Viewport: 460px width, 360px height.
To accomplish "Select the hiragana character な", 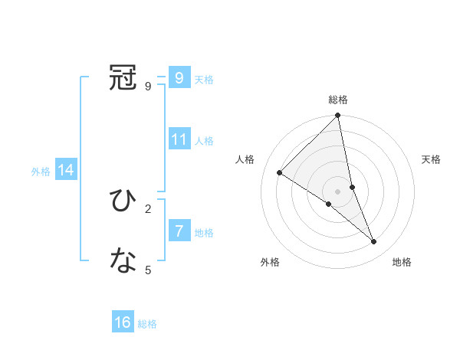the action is coord(123,261).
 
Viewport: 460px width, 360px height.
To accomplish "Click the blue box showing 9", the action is coord(179,77).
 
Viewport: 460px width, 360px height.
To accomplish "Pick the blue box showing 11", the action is coord(179,139).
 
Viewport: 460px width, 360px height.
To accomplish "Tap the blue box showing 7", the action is coord(179,231).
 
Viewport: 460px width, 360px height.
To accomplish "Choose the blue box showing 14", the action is coord(66,171).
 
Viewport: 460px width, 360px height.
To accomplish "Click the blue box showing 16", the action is coord(123,322).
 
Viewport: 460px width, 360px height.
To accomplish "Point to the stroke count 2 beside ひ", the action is coord(148,208).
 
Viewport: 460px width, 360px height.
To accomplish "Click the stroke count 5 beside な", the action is coord(148,270).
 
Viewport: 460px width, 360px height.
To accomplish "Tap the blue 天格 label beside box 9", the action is coord(204,79).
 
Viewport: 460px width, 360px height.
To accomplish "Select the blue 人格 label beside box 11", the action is coord(204,141).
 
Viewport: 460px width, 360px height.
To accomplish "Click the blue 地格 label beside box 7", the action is coord(204,232).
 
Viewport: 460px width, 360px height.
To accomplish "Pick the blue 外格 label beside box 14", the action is coord(41,172).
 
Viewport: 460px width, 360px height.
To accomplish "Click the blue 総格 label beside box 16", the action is coord(147,324).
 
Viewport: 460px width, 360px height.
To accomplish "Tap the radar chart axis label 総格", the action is coord(338,100).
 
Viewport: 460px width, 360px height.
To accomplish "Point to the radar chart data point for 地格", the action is coord(374,241).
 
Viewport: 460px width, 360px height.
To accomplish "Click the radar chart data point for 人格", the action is coord(280,172).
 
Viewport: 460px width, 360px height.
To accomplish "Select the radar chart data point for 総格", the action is coord(338,116).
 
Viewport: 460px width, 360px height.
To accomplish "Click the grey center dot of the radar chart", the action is coord(338,191).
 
